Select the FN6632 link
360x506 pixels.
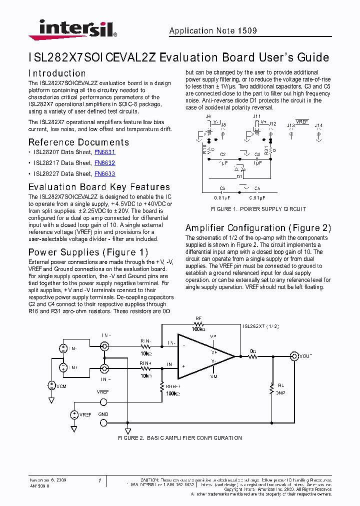(x=104, y=163)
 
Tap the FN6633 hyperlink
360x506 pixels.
(x=104, y=174)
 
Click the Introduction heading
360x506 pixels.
(x=57, y=73)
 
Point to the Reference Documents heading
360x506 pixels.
(x=78, y=142)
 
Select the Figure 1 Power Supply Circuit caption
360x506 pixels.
(x=258, y=209)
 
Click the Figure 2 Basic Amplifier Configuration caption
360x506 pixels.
(x=179, y=438)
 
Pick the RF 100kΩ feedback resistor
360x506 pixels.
(x=199, y=324)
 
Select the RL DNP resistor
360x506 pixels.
(x=272, y=388)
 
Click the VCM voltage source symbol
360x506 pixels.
(x=51, y=385)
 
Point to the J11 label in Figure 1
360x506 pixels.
(x=257, y=116)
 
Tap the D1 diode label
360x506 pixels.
(x=239, y=176)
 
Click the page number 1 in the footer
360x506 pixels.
(x=99, y=481)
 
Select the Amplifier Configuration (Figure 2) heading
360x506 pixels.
(x=258, y=228)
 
